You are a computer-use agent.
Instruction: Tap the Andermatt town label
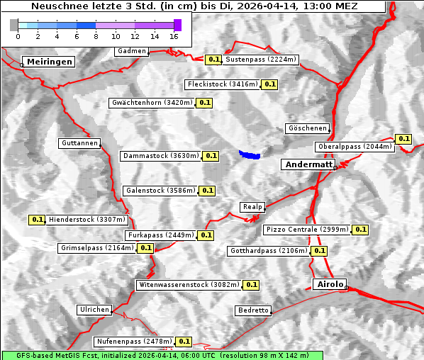click(308, 164)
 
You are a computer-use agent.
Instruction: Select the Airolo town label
click(330, 284)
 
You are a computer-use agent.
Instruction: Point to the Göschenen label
click(307, 128)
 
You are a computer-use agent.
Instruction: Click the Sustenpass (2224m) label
click(260, 60)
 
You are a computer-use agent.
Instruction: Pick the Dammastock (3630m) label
click(160, 155)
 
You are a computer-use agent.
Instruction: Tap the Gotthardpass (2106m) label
click(269, 251)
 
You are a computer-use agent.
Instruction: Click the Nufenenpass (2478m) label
click(133, 341)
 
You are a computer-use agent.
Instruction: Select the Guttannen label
click(79, 143)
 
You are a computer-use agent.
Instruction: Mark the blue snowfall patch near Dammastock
click(249, 154)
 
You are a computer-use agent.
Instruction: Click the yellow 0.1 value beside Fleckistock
click(269, 84)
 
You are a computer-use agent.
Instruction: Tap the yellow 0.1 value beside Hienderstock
click(37, 220)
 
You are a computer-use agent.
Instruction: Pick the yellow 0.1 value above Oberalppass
click(403, 139)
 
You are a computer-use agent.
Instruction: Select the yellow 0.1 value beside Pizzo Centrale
click(360, 230)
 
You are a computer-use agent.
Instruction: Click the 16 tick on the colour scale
click(174, 35)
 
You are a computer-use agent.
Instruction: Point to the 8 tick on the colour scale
click(96, 35)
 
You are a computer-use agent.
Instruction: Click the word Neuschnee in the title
click(57, 6)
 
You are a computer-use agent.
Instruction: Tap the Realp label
click(252, 207)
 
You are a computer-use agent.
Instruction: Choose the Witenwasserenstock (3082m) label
click(189, 285)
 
